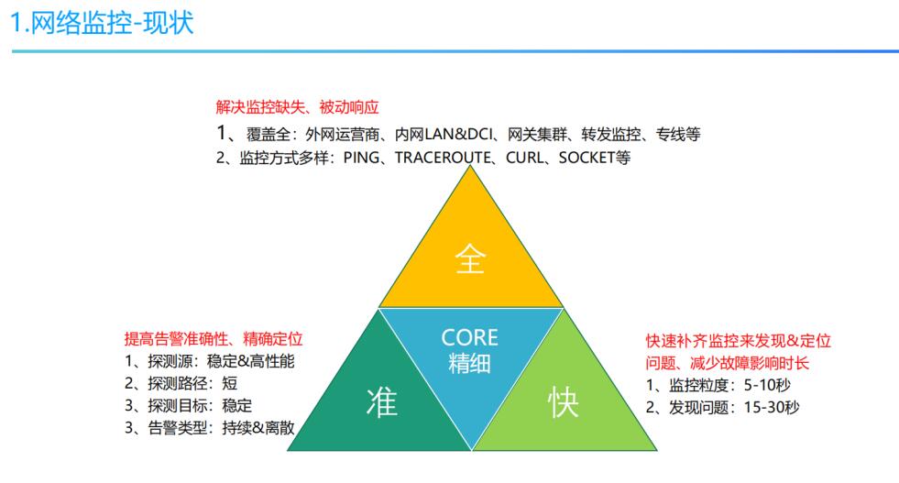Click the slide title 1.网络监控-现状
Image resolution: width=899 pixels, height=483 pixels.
[103, 24]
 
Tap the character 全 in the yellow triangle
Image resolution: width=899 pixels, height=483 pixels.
[470, 258]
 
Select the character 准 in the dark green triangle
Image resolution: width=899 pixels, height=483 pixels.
[382, 401]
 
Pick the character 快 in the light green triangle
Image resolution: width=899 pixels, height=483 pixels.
[563, 401]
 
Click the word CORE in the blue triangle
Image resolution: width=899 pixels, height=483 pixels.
[469, 337]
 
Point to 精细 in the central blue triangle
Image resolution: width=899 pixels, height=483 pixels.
[469, 363]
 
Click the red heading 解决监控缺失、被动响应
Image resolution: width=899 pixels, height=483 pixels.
[297, 107]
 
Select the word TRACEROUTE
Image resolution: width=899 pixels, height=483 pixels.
[443, 157]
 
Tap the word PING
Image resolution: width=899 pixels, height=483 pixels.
[361, 157]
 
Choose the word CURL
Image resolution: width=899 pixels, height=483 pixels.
[524, 157]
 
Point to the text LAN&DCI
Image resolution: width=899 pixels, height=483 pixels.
[459, 134]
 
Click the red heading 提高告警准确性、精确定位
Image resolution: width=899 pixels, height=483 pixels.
[214, 339]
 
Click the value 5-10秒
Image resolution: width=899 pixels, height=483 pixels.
[767, 385]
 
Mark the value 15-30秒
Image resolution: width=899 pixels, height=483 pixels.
[772, 407]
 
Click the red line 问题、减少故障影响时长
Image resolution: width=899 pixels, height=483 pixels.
[727, 363]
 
